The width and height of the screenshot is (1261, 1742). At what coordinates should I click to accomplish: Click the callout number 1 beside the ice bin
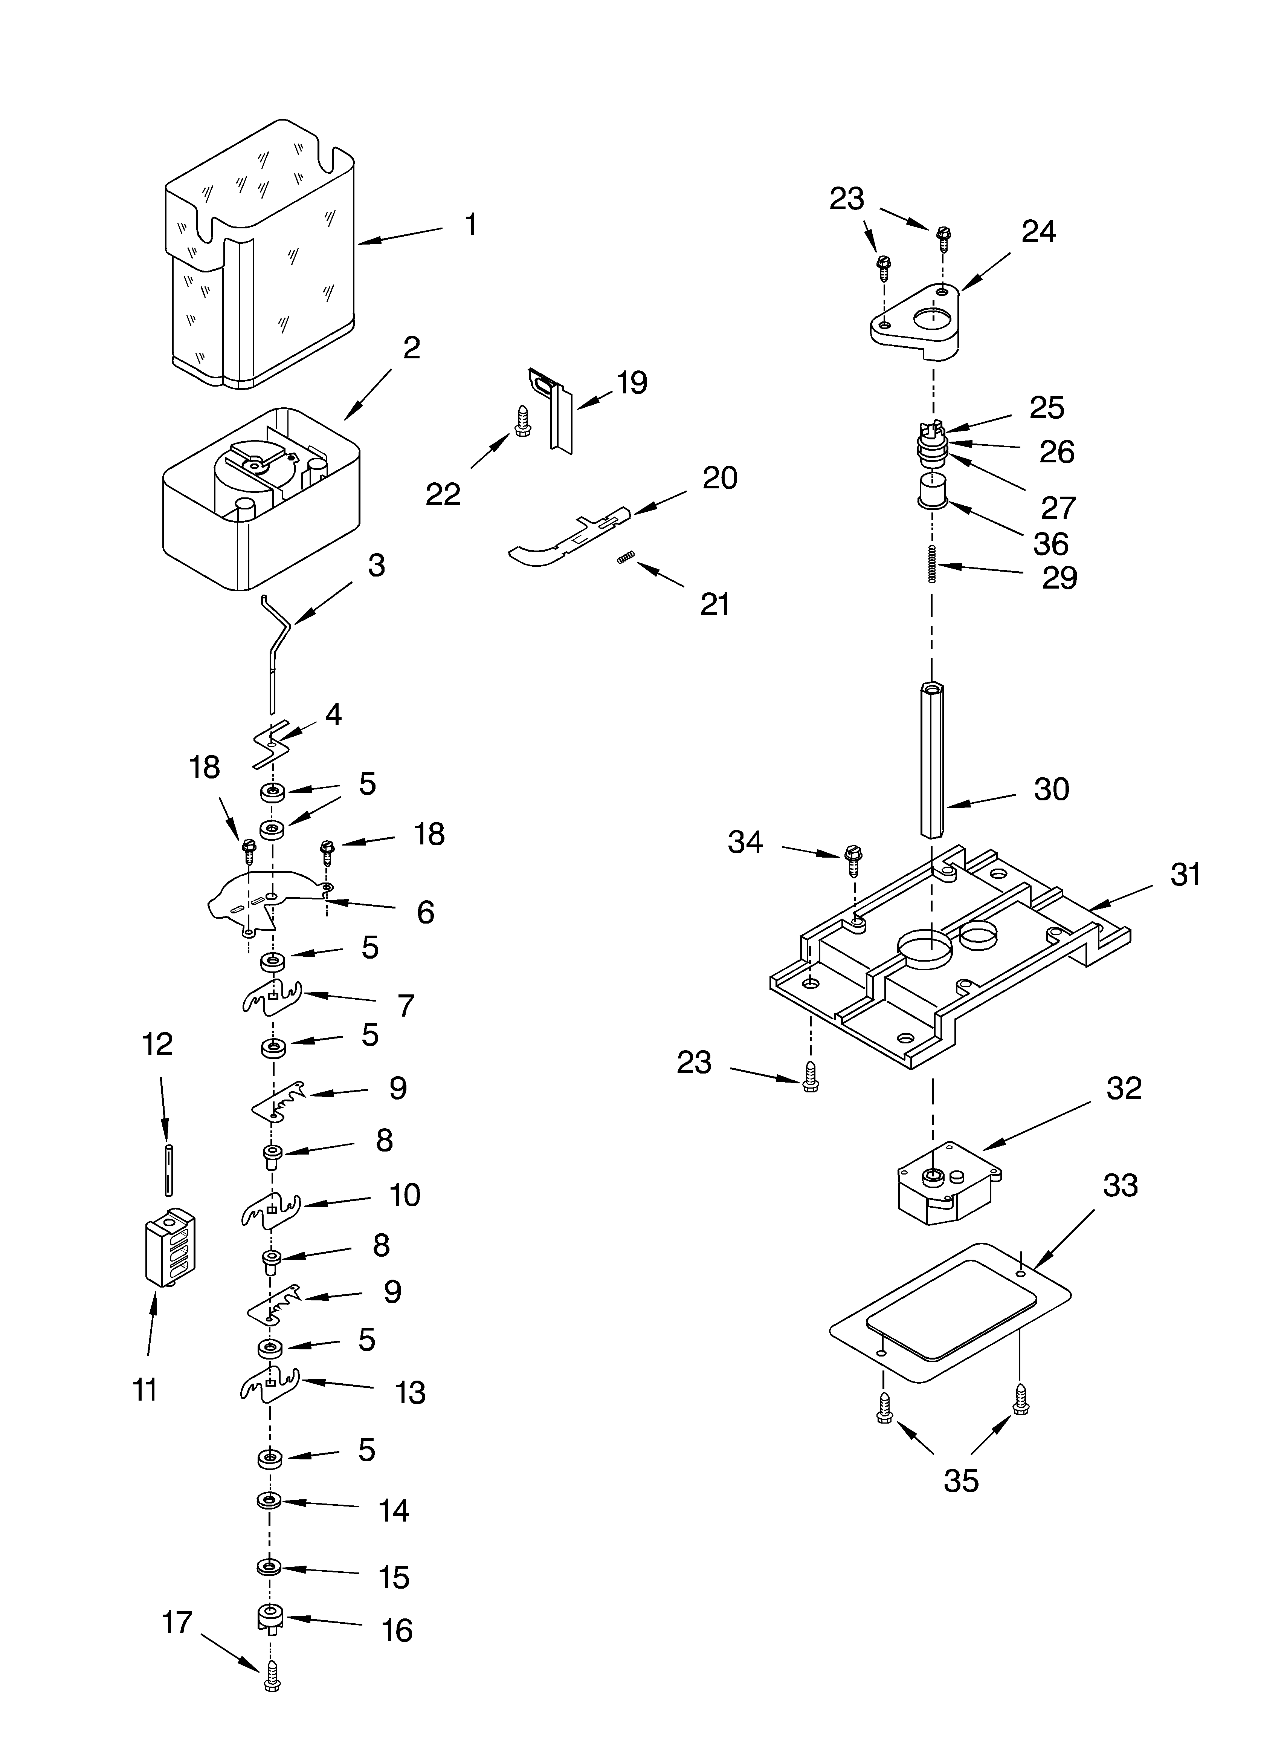point(471,225)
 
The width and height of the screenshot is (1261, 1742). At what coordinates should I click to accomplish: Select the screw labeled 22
point(523,422)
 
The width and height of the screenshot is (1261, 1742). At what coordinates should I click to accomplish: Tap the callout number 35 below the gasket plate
point(961,1480)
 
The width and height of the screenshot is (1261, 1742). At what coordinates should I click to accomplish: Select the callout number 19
point(631,382)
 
